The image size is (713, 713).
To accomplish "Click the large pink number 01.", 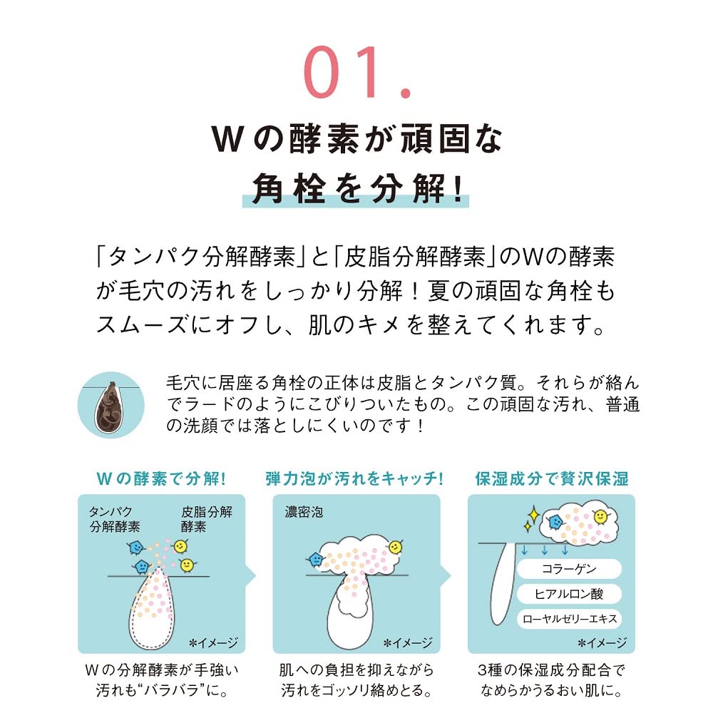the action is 357,72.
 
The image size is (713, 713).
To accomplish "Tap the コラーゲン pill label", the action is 569,569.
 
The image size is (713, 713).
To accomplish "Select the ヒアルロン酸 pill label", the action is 569,594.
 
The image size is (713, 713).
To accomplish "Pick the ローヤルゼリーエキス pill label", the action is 569,619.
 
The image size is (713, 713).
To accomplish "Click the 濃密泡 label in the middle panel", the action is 304,512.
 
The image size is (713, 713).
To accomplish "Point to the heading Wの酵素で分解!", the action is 161,479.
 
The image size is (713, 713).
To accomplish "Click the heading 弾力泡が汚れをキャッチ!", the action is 354,479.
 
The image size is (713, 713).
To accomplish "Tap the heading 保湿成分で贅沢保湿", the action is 552,479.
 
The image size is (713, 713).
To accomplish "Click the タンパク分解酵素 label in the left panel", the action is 115,519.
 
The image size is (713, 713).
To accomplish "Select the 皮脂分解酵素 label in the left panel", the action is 207,519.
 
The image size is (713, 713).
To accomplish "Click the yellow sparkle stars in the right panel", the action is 532,519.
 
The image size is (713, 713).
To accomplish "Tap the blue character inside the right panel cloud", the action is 555,521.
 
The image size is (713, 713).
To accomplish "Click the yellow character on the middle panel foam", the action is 395,548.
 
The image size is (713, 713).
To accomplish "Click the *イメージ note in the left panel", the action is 213,642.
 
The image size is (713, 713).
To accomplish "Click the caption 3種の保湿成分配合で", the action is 552,670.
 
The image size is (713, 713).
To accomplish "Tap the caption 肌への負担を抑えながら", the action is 356,670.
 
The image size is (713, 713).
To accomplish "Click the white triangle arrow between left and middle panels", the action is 250,576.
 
